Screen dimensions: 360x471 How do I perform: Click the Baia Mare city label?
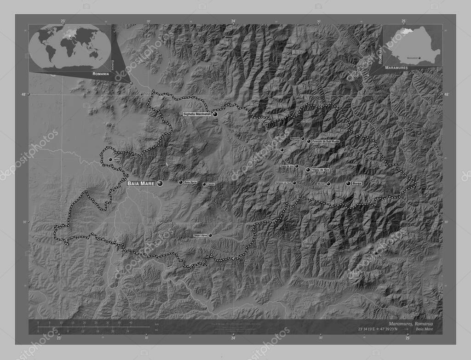click(140, 183)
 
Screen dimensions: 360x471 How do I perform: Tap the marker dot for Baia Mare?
click(160, 183)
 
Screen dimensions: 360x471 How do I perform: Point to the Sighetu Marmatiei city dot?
click(215, 114)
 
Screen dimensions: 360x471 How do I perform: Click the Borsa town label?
click(357, 183)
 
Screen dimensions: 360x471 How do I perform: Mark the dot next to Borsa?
click(348, 183)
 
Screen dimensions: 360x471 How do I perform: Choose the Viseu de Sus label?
click(321, 170)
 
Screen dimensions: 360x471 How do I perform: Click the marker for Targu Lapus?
click(211, 235)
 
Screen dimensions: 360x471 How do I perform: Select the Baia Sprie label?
click(190, 183)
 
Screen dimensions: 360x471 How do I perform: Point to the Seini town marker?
click(110, 160)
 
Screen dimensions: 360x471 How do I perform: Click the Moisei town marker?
click(328, 184)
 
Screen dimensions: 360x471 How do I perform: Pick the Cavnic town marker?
click(204, 184)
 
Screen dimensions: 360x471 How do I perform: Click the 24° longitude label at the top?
click(233, 21)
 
